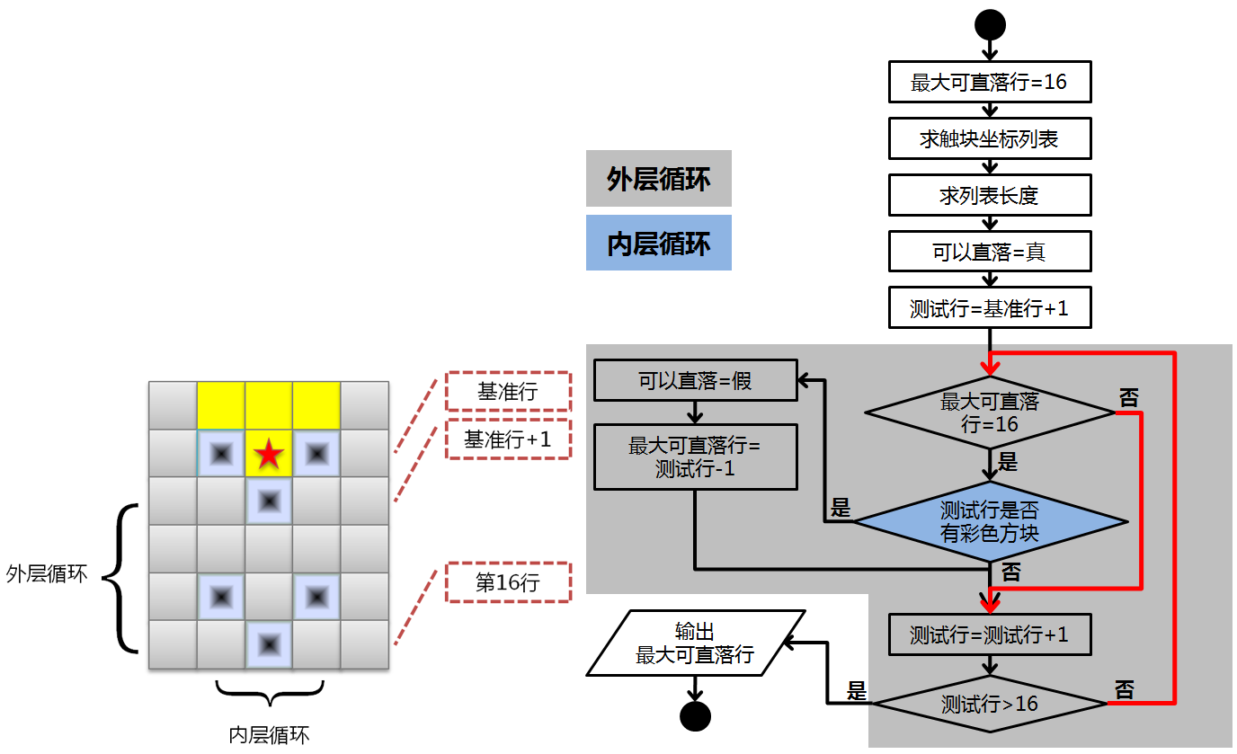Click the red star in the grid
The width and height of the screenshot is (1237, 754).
268,454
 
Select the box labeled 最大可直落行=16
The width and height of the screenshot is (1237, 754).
990,83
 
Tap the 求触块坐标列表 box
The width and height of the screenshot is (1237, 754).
990,138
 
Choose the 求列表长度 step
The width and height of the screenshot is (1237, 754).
990,195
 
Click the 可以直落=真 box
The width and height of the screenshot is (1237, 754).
990,252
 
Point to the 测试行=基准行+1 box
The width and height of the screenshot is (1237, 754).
990,308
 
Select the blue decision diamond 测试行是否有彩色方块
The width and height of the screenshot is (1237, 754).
990,522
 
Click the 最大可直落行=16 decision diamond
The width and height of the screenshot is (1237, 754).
990,412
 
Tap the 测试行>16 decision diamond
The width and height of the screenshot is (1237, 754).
990,704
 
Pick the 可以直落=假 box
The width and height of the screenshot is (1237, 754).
695,380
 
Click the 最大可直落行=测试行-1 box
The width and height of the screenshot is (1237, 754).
695,457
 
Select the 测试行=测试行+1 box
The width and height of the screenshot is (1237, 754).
990,634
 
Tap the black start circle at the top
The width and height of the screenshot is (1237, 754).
990,24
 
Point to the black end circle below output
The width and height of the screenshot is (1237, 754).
695,716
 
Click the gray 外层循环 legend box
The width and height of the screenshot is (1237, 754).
658,179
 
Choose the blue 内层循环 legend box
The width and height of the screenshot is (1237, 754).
658,243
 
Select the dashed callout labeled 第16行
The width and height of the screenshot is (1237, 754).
508,582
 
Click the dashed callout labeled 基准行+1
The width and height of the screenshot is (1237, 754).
508,439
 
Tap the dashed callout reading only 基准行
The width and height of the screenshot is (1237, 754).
508,392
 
